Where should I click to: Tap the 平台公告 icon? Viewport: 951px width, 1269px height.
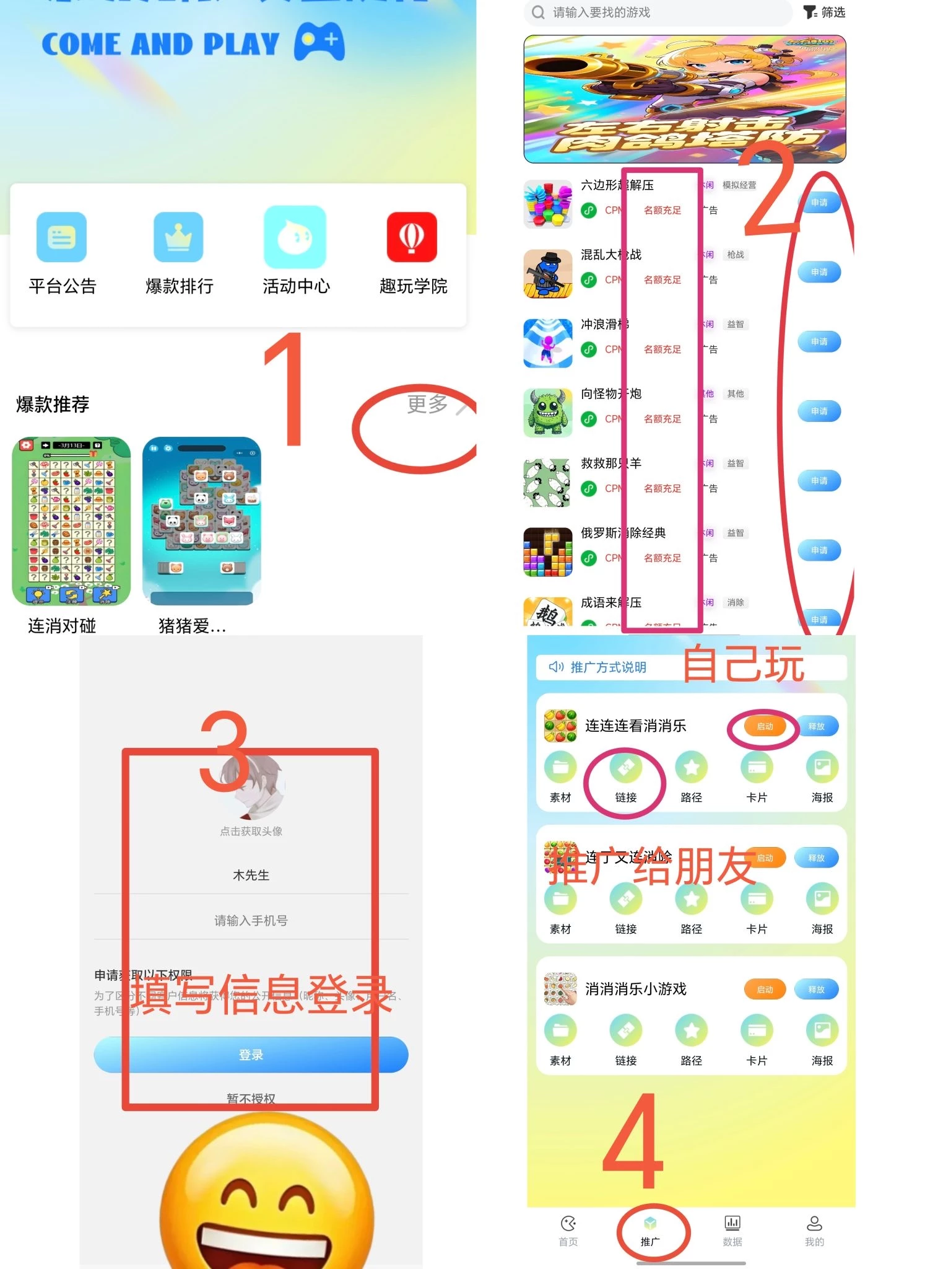tap(61, 237)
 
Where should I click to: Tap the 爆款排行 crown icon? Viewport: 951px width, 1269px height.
tap(178, 237)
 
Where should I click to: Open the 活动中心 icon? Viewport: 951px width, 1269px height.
tap(295, 237)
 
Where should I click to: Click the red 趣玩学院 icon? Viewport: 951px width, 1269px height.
tap(412, 237)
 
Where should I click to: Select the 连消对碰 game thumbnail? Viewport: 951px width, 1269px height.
tap(71, 521)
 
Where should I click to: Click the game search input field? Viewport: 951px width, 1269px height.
tap(662, 12)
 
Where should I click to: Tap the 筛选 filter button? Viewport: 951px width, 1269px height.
tap(824, 12)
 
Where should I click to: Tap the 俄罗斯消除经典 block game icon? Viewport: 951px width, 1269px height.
tap(547, 551)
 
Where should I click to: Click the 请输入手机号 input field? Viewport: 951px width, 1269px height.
tap(251, 921)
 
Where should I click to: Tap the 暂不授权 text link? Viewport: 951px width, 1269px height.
tap(251, 1099)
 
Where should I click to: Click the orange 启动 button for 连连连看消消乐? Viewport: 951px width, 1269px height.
tap(765, 726)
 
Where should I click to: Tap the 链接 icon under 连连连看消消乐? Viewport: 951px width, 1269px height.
tap(625, 768)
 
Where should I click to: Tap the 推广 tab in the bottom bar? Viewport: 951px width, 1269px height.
tap(650, 1231)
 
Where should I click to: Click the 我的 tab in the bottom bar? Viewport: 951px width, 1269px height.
tap(814, 1231)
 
